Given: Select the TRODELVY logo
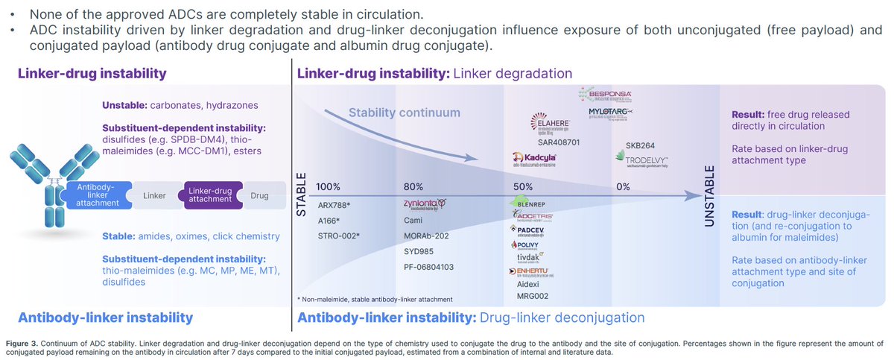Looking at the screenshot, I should point(642,160).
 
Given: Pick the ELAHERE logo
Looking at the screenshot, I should point(551,123).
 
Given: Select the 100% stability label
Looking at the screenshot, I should point(329,186).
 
